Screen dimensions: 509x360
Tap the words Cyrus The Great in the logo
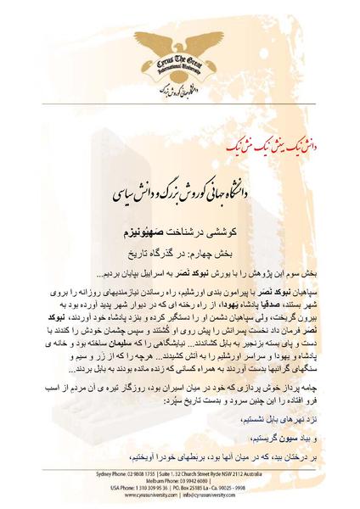click(x=178, y=65)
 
